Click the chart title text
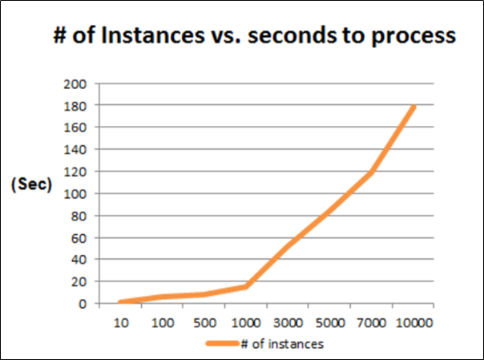pyautogui.click(x=254, y=37)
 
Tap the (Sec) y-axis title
pyautogui.click(x=31, y=184)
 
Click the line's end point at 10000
pyautogui.click(x=413, y=106)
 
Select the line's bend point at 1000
pyautogui.click(x=246, y=286)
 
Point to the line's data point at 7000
pyautogui.click(x=372, y=172)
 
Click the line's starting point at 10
pyautogui.click(x=121, y=302)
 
